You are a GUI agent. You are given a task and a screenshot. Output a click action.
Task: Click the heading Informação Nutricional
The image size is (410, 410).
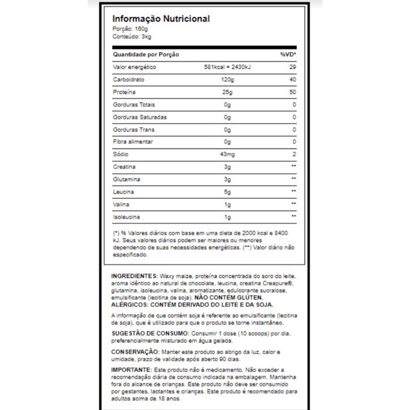point(161,19)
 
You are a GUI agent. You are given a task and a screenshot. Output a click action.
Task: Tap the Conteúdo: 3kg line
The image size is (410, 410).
point(132,37)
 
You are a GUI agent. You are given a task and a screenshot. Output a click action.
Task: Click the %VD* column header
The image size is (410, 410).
point(289,55)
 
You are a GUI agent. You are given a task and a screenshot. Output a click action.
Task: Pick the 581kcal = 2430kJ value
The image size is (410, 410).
point(230,68)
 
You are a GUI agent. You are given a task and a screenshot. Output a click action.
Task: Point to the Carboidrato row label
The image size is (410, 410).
point(127,80)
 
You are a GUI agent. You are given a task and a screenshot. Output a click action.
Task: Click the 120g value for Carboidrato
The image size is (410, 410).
point(228,80)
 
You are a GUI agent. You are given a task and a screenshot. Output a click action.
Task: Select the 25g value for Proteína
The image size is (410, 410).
point(228,92)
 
